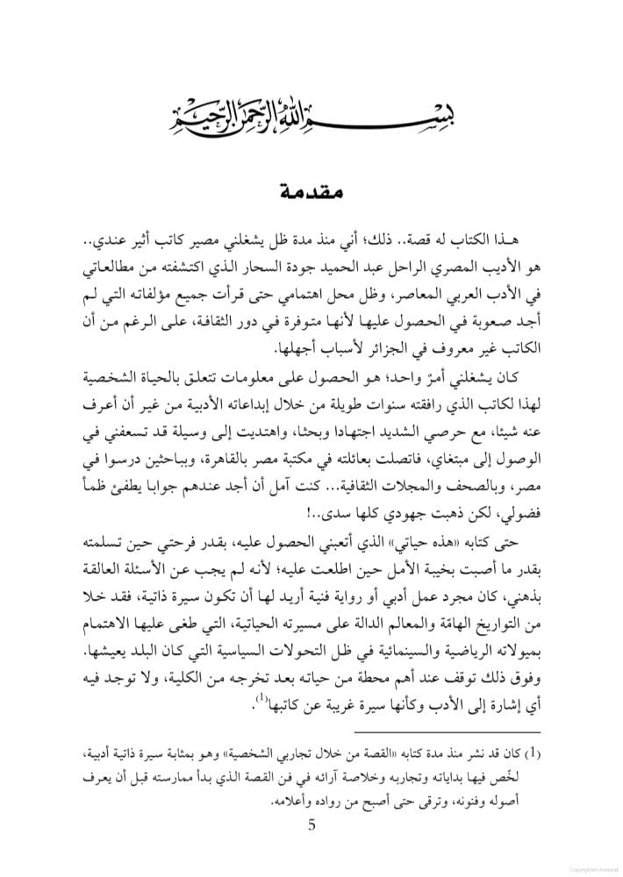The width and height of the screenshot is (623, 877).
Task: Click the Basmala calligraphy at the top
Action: (311, 112)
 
